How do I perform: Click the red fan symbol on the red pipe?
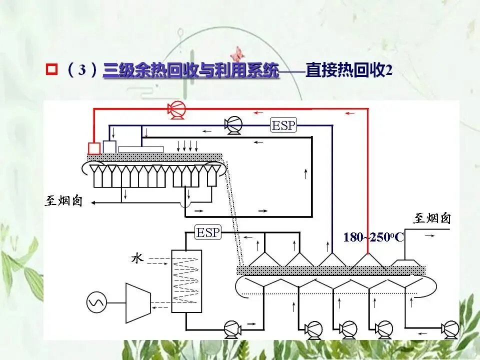pyautogui.click(x=176, y=109)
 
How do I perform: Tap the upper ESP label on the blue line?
pyautogui.click(x=283, y=125)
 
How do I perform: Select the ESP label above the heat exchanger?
pyautogui.click(x=208, y=232)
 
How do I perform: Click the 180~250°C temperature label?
pyautogui.click(x=373, y=237)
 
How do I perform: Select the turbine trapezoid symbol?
pyautogui.click(x=135, y=302)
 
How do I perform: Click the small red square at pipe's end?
pyautogui.click(x=94, y=148)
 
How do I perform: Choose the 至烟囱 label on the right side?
pyautogui.click(x=431, y=218)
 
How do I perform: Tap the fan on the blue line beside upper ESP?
pyautogui.click(x=232, y=125)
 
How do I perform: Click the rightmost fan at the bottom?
pyautogui.click(x=450, y=328)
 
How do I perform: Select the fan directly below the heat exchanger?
pyautogui.click(x=232, y=328)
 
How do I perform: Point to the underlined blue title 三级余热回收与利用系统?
pyautogui.click(x=190, y=70)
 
